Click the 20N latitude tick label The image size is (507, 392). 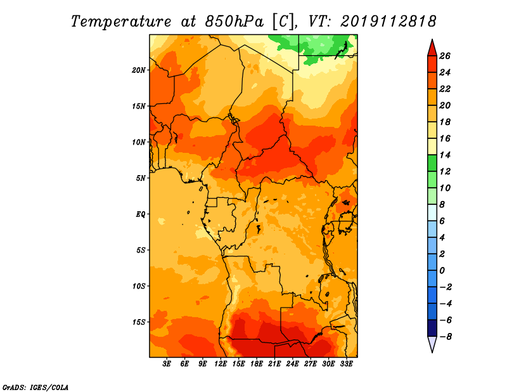click(x=139, y=70)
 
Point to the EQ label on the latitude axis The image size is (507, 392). click(x=141, y=214)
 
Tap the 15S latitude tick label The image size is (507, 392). click(x=139, y=322)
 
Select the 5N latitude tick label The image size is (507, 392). click(x=141, y=178)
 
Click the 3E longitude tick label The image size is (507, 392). click(x=167, y=364)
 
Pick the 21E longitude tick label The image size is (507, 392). click(x=274, y=364)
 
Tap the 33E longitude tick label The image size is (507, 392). click(x=346, y=364)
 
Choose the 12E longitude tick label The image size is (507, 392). click(x=221, y=364)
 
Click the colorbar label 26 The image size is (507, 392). click(x=445, y=56)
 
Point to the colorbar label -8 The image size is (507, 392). click(x=446, y=337)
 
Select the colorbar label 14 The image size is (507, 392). click(x=445, y=155)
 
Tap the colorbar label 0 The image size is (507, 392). click(x=442, y=271)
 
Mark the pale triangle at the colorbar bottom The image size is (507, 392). click(x=432, y=343)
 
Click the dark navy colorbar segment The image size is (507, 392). click(x=432, y=328)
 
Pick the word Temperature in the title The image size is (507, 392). click(x=121, y=22)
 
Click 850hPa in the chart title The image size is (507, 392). click(x=234, y=22)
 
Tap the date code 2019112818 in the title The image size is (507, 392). click(x=388, y=22)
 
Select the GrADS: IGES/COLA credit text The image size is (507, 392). click(x=35, y=388)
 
